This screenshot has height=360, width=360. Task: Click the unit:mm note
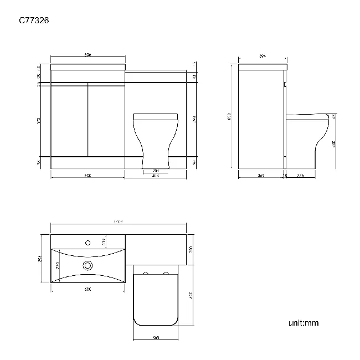pos(304,323)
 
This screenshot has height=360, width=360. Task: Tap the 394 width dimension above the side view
pos(263,56)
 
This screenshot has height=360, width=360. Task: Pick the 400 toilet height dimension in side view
pos(334,143)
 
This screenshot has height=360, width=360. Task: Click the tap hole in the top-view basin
pos(88,242)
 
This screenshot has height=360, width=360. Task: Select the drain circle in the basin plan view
pos(88,266)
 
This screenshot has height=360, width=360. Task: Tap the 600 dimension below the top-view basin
pos(88,290)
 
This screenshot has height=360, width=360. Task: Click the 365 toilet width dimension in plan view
pos(157,338)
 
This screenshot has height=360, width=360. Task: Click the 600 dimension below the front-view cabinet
pos(88,176)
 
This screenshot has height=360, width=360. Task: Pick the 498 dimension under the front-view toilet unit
pos(156,176)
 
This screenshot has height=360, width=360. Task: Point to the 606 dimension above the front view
pos(88,55)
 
